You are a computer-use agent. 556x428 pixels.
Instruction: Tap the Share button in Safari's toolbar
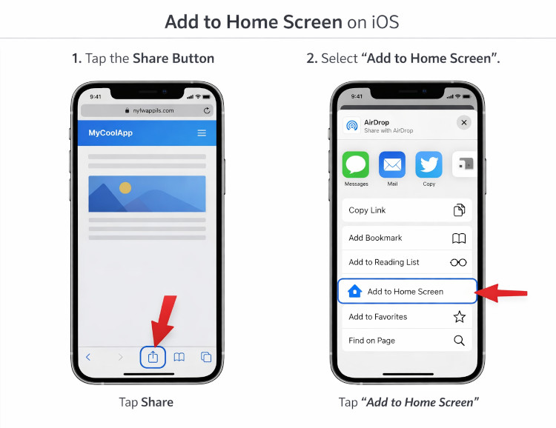[153, 357]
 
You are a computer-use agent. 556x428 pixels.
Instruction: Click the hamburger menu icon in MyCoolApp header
[202, 133]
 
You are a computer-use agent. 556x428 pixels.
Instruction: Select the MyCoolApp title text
[110, 133]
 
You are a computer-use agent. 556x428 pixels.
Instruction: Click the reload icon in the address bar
[207, 110]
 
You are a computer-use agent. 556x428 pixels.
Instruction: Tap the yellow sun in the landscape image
[125, 187]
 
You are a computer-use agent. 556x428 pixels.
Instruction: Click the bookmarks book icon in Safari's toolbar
[179, 357]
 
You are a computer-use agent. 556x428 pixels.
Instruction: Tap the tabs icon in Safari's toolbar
[206, 357]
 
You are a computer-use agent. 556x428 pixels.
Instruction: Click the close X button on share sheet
[464, 123]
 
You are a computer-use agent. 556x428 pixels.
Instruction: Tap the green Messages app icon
[356, 164]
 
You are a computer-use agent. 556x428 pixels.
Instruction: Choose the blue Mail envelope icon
[392, 164]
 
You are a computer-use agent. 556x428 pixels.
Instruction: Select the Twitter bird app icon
[428, 164]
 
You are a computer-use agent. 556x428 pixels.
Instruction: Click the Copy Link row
[406, 210]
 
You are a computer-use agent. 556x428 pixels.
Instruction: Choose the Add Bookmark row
[406, 238]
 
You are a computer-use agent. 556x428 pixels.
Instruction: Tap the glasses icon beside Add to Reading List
[459, 262]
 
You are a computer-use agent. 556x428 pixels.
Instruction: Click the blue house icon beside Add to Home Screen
[354, 291]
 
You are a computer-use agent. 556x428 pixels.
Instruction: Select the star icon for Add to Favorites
[460, 317]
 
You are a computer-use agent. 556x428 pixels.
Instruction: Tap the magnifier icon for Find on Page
[460, 341]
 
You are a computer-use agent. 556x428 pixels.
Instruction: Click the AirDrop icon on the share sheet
[352, 126]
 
